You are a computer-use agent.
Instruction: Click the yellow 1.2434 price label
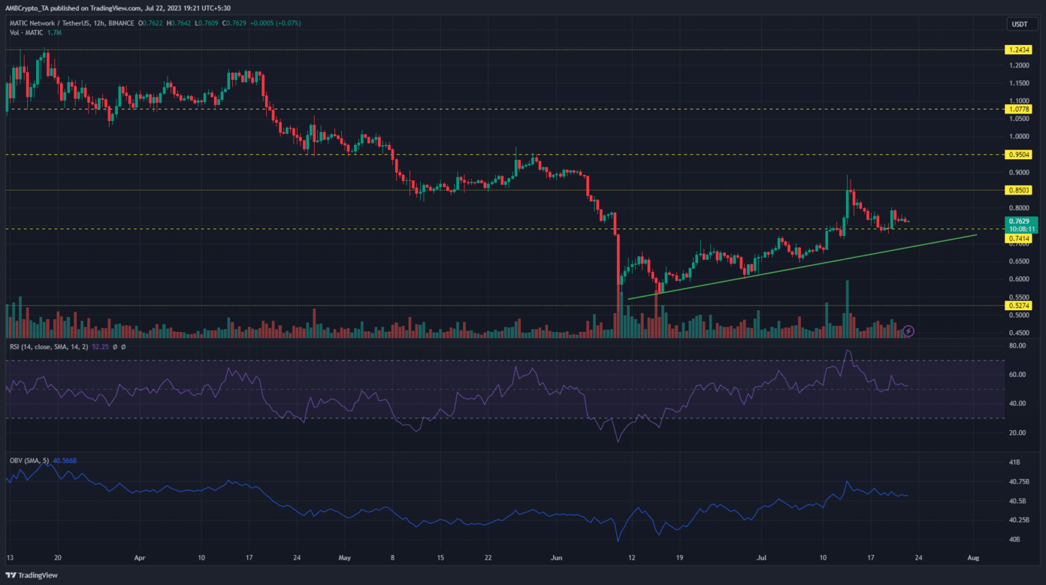[1019, 50]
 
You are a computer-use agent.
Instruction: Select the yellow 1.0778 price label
[1019, 109]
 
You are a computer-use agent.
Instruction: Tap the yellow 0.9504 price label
[1019, 154]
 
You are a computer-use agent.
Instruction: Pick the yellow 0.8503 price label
[1019, 190]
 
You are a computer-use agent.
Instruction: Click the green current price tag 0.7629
[1020, 222]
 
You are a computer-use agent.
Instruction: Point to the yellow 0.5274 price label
[1019, 306]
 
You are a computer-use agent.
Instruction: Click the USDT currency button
[1019, 24]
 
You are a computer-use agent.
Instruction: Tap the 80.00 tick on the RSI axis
[1017, 346]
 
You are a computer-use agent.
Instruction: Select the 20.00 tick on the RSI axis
[1017, 433]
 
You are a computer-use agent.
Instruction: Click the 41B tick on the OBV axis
[1014, 463]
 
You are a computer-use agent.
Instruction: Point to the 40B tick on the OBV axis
[1014, 539]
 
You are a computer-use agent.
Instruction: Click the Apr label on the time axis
[140, 558]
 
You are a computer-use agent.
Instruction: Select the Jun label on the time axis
[556, 558]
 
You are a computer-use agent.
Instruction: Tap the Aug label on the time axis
[973, 558]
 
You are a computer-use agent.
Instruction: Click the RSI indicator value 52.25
[100, 347]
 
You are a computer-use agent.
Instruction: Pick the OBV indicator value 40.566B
[65, 461]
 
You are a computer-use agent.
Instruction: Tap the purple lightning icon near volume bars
[908, 331]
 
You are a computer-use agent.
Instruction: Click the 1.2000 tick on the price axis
[1019, 65]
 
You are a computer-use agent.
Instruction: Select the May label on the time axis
[345, 558]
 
